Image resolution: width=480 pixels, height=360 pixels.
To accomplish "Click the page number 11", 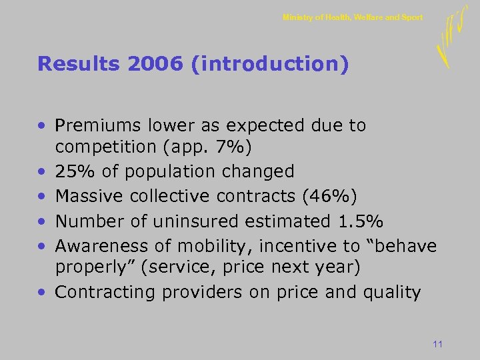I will (x=437, y=344).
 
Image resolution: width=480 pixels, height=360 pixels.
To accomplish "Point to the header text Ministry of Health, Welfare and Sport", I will (x=352, y=17).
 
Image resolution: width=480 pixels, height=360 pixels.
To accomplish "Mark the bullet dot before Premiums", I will (x=42, y=126).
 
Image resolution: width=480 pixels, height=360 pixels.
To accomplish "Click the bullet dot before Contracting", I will (x=42, y=293).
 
